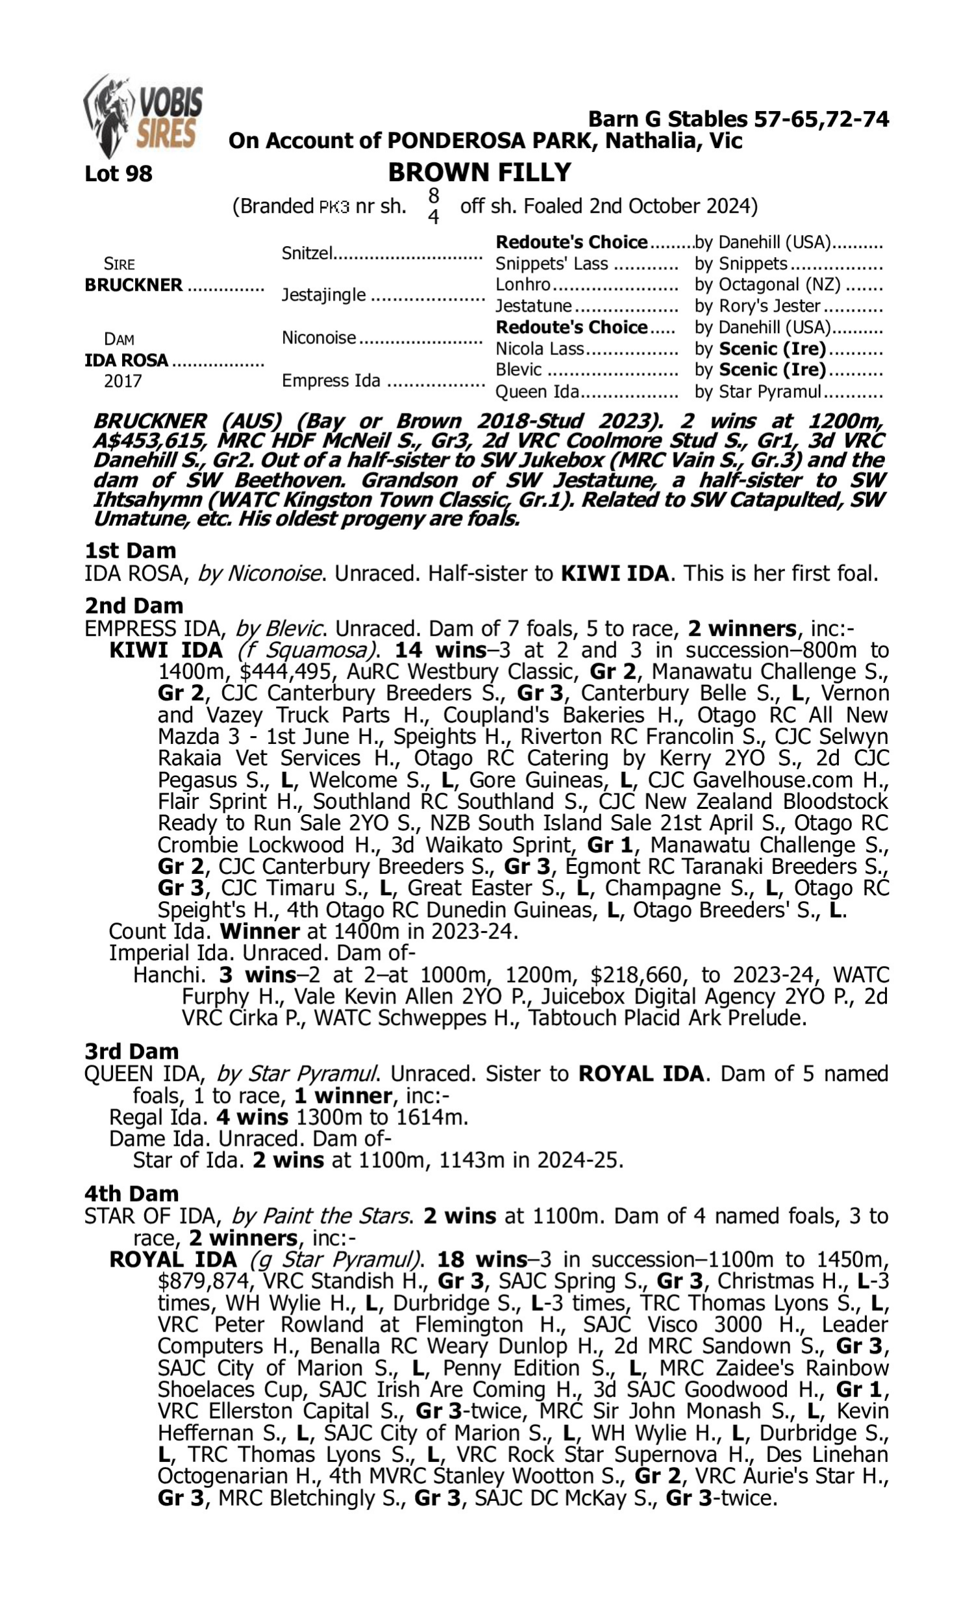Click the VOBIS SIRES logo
click(x=143, y=116)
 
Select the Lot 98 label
click(x=118, y=174)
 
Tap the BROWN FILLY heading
click(x=479, y=173)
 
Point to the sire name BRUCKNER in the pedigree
click(x=134, y=286)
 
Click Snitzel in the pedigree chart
click(x=307, y=253)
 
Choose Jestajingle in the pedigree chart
click(x=323, y=295)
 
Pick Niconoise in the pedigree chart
click(x=319, y=338)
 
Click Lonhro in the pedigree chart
click(x=523, y=285)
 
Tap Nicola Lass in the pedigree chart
click(x=540, y=349)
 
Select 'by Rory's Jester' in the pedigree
click(x=757, y=306)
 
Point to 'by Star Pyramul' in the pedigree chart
click(x=757, y=391)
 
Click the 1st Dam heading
click(x=131, y=551)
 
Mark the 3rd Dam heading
click(x=131, y=1052)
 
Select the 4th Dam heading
click(x=131, y=1194)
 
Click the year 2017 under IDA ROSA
click(x=123, y=382)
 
